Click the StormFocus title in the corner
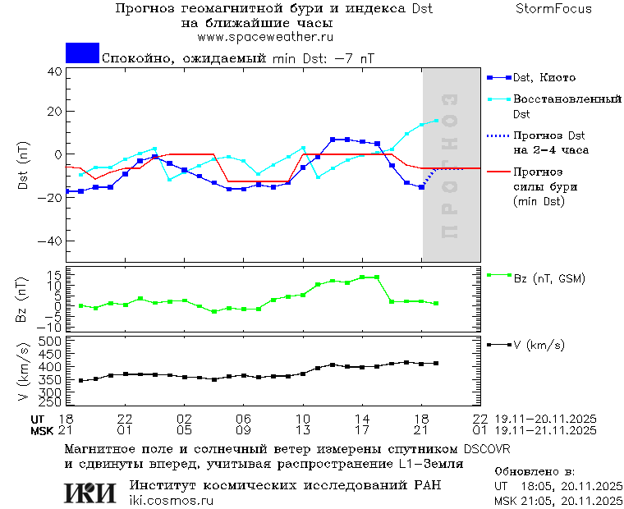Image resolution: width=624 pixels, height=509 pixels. pos(553,9)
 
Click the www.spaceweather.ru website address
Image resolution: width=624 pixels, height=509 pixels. pos(265,37)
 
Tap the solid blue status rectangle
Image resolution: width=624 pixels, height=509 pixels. pos(82,53)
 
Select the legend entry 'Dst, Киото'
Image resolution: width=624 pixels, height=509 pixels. pos(544,78)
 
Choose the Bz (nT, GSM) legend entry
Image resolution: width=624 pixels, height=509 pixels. pos(548,279)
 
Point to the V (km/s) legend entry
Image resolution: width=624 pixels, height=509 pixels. pos(539,346)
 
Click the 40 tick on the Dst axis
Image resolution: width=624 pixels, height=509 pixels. pos(54,71)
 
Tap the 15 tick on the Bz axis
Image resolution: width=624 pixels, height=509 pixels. pos(55,275)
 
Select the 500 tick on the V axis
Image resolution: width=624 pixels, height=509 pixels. pos(52,341)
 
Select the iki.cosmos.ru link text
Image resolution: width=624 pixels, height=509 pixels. pos(172,501)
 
